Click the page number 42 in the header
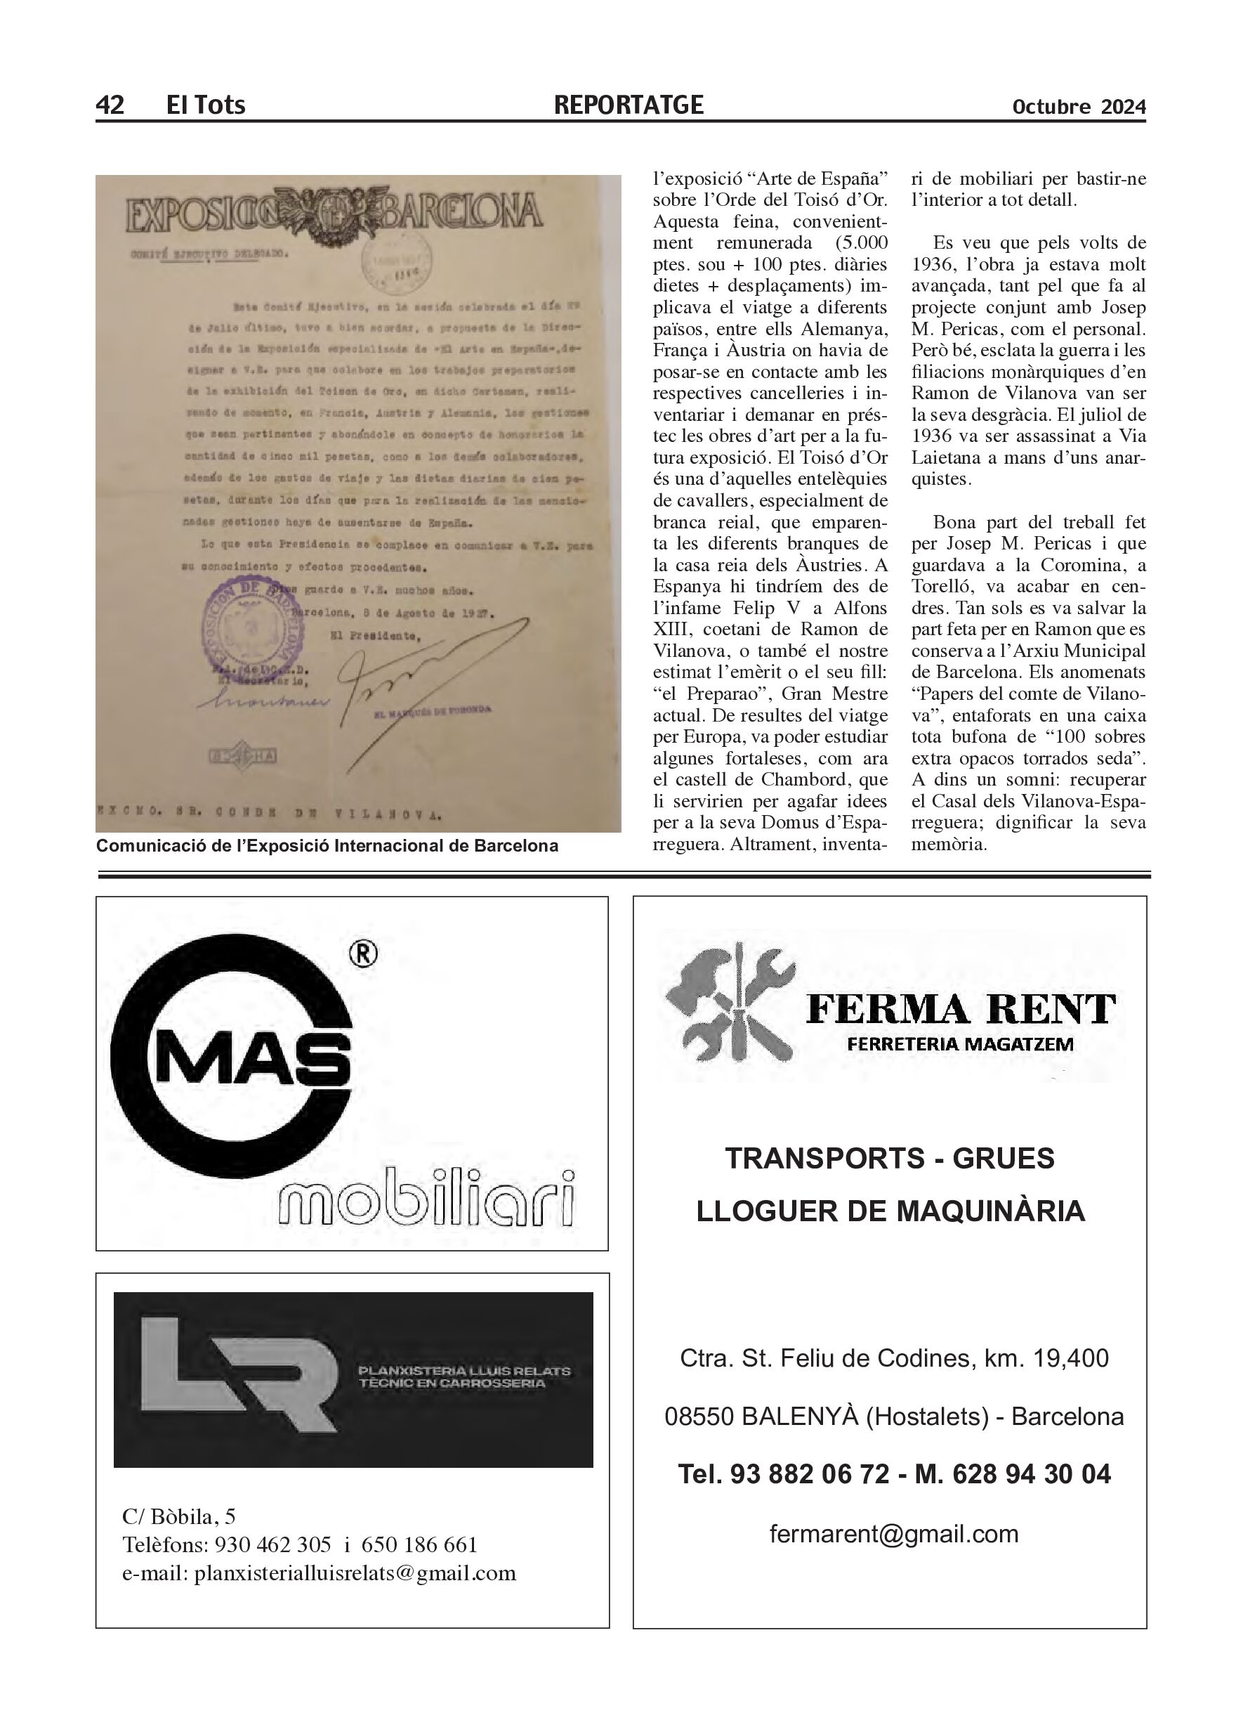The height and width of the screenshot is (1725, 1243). (x=110, y=105)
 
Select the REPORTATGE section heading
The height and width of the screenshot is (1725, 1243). (x=629, y=105)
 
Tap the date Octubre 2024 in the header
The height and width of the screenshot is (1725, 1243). (x=1078, y=108)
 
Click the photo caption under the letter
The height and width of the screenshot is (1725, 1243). (x=327, y=846)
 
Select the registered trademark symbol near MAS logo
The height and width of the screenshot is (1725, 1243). (x=362, y=956)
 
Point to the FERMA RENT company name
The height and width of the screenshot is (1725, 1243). (x=960, y=1009)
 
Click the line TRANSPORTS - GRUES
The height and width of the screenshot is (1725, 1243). (x=890, y=1159)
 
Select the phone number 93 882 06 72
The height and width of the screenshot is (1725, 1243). (x=810, y=1474)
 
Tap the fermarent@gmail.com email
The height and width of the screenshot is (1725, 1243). (x=893, y=1534)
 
